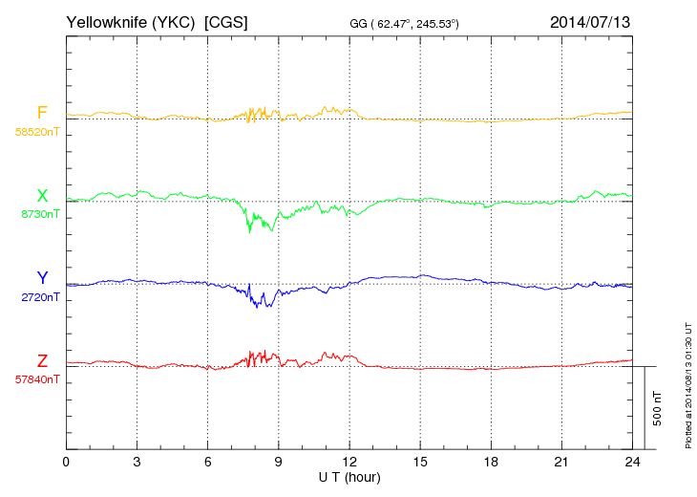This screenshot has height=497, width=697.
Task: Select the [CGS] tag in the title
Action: click(x=226, y=21)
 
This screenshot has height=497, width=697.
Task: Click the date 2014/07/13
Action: click(x=590, y=21)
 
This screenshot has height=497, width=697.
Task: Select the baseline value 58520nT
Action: click(x=36, y=132)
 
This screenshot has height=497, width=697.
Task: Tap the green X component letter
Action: click(x=42, y=196)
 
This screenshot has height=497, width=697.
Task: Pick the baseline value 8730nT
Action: click(x=39, y=214)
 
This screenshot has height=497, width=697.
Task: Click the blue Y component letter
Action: click(x=42, y=278)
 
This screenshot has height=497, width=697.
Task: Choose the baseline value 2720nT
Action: click(x=39, y=297)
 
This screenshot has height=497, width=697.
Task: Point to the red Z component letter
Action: click(x=42, y=361)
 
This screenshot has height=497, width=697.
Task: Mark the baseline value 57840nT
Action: click(x=36, y=379)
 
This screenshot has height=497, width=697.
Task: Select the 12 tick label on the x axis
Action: click(x=349, y=462)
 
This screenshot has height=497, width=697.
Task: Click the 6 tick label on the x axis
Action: click(x=208, y=462)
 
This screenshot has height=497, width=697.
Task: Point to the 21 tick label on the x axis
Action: click(x=561, y=462)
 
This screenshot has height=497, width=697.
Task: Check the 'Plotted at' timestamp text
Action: click(x=687, y=381)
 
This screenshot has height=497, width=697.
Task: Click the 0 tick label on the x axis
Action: click(x=66, y=462)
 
